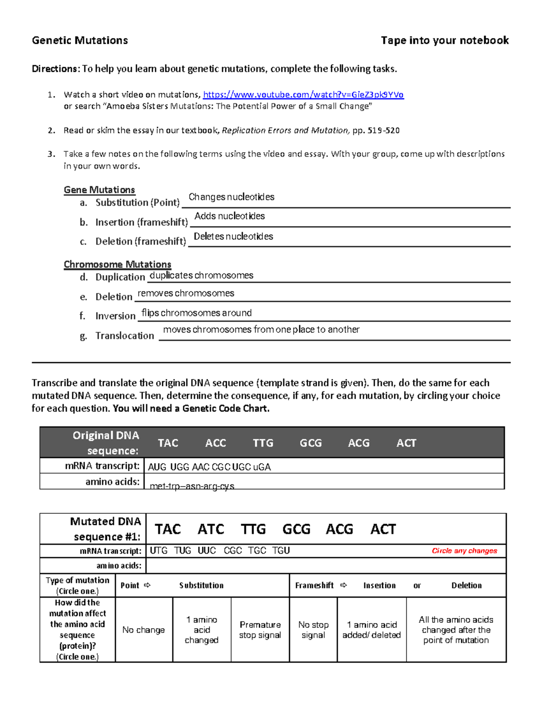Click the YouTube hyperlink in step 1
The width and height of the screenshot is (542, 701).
[303, 94]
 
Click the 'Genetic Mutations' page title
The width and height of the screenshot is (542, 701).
[80, 41]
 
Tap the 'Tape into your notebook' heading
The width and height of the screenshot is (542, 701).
[444, 41]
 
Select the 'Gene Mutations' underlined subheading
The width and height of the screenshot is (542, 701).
[99, 190]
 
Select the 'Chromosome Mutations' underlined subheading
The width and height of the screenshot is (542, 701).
[117, 265]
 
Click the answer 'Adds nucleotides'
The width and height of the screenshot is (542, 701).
[229, 216]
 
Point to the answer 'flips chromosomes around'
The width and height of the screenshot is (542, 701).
[196, 313]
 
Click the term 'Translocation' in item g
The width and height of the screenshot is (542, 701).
[125, 336]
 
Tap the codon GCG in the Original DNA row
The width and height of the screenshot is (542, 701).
[311, 443]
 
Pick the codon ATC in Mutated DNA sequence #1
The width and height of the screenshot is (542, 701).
[210, 529]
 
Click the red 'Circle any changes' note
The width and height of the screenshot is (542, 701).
[464, 551]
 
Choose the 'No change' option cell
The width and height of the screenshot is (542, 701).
[144, 630]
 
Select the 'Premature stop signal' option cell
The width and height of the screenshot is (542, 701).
[260, 630]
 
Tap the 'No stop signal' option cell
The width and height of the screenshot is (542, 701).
[313, 630]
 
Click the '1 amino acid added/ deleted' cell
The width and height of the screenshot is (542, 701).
[371, 630]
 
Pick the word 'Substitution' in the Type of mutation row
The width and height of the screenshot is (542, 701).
[201, 585]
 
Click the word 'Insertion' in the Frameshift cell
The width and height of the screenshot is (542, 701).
[379, 585]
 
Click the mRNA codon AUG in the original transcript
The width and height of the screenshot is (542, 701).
[157, 467]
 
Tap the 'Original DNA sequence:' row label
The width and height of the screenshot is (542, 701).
[106, 443]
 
